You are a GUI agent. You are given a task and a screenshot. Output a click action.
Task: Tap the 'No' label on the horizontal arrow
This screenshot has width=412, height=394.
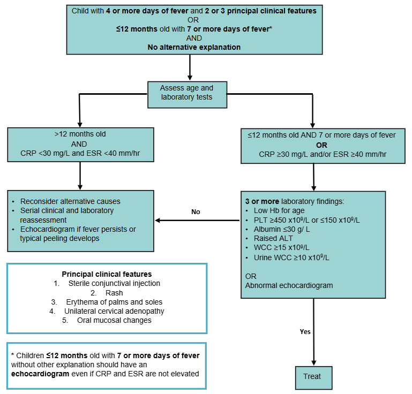196,212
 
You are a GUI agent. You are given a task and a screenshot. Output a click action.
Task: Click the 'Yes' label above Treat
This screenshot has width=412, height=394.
305,331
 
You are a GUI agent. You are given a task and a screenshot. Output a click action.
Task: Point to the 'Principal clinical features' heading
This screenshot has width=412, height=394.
107,274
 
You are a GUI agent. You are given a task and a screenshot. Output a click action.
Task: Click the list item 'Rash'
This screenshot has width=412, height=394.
114,293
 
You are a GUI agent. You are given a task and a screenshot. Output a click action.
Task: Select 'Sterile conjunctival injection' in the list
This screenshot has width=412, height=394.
114,283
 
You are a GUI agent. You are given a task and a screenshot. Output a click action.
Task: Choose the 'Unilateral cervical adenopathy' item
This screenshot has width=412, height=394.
114,311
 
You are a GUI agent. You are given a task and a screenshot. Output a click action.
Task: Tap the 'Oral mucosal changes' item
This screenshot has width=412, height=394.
114,320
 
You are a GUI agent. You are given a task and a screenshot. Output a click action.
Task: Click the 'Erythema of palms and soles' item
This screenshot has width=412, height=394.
114,302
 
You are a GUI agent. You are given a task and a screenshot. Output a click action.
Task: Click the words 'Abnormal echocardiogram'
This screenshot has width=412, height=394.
289,285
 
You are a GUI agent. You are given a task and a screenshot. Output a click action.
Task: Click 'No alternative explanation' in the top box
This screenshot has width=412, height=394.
194,47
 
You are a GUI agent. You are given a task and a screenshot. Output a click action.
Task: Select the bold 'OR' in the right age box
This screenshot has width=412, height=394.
321,145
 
